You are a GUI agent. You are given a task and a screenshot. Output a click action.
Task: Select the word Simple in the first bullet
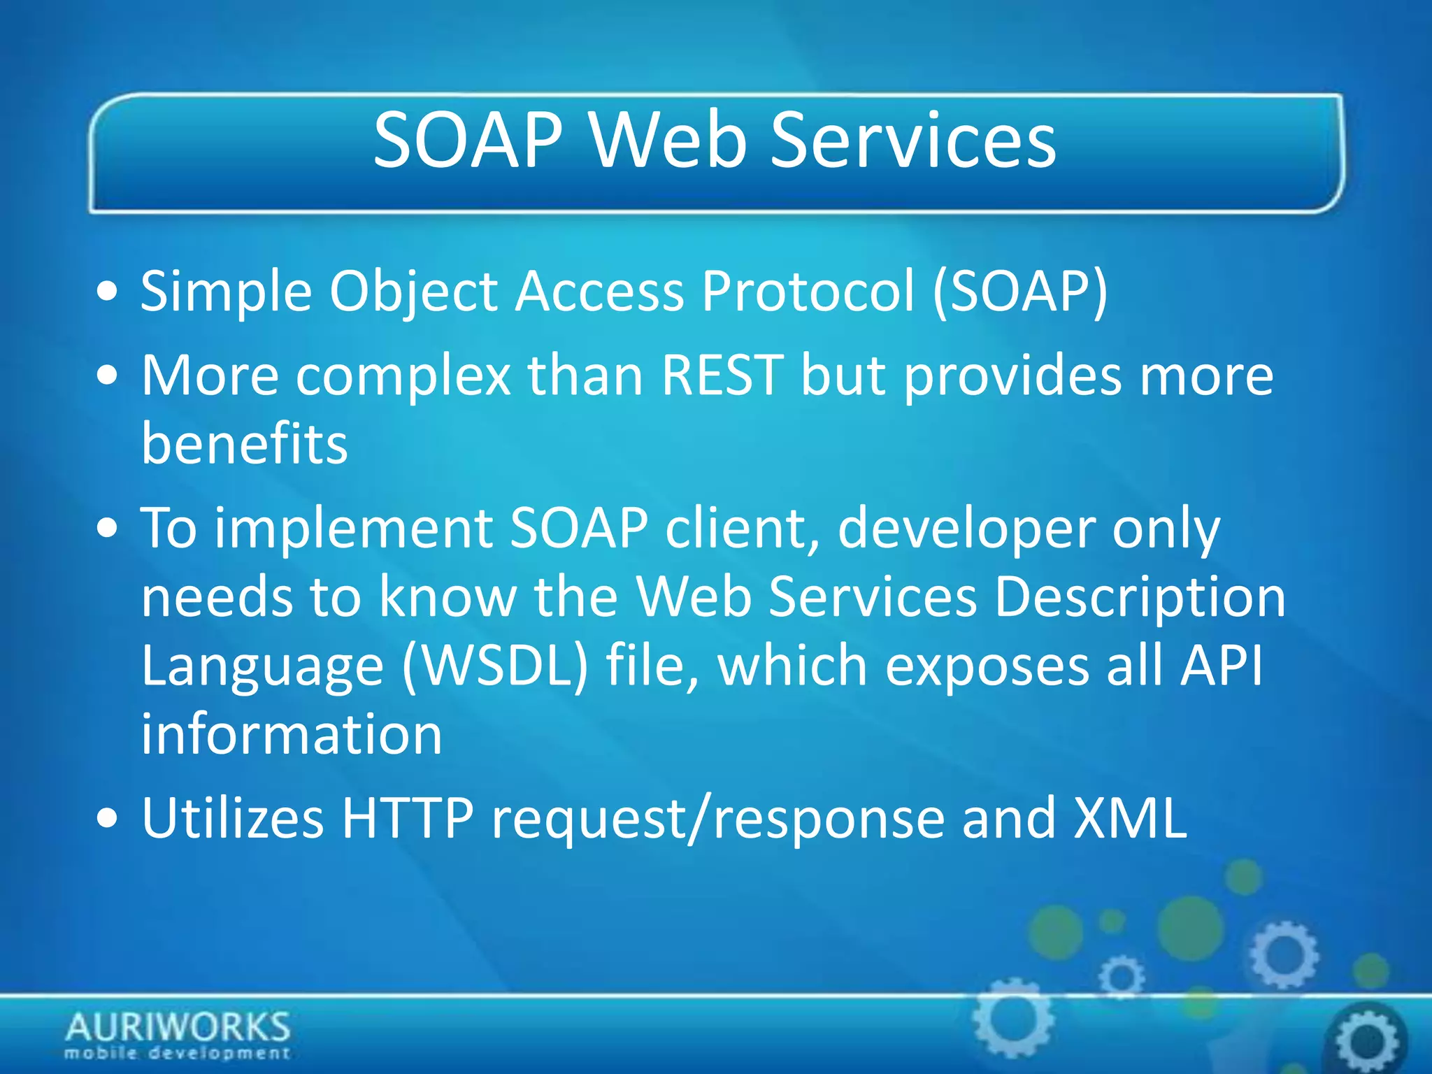click(225, 292)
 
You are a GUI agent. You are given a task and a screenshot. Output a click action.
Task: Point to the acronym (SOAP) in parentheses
click(1021, 292)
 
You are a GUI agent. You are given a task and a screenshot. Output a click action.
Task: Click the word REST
click(722, 375)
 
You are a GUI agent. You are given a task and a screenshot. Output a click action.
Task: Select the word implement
click(353, 529)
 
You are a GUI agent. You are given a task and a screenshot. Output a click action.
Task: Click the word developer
click(966, 529)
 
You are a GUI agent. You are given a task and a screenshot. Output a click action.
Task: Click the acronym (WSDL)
click(495, 666)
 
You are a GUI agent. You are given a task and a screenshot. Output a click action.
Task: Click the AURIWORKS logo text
click(178, 1028)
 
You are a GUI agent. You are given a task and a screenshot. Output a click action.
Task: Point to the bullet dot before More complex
click(108, 376)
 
